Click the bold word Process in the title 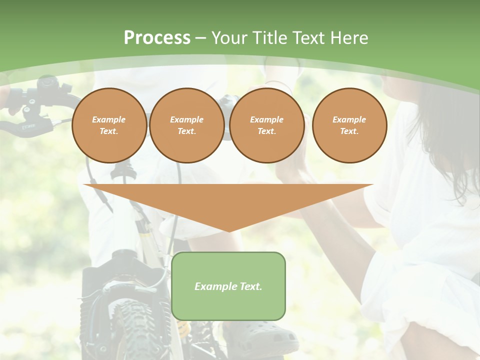(157, 38)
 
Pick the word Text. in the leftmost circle (109, 131)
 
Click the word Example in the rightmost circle (349, 120)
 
